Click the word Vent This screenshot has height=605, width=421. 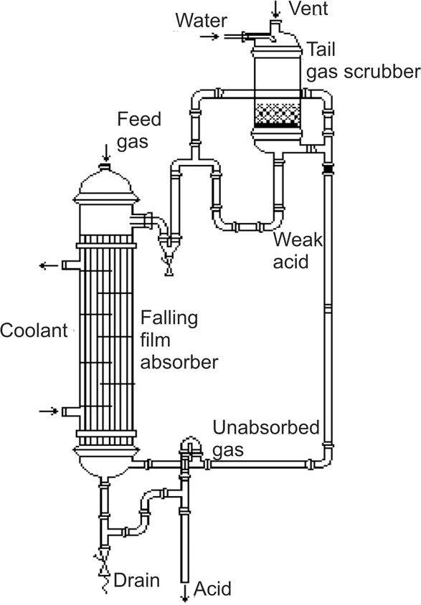(x=308, y=9)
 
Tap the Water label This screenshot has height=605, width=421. (x=201, y=21)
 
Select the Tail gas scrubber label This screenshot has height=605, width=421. (x=363, y=61)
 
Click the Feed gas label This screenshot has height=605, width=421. (x=139, y=130)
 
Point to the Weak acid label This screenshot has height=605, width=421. (x=298, y=251)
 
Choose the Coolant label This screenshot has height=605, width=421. (x=34, y=330)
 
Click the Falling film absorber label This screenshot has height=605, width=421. (x=179, y=340)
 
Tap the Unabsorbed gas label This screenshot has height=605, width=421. (x=266, y=439)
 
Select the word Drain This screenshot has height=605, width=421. (x=136, y=581)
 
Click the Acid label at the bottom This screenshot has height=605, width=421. (x=212, y=589)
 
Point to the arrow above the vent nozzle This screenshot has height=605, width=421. (x=275, y=9)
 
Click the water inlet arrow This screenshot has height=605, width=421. (x=209, y=37)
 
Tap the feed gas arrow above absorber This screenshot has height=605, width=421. (x=105, y=153)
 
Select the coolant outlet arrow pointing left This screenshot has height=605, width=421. (x=49, y=265)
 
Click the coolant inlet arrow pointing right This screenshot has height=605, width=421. (x=49, y=411)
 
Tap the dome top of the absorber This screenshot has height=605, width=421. (x=106, y=184)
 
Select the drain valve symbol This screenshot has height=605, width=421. (x=103, y=566)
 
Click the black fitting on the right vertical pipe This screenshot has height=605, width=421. (x=328, y=168)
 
